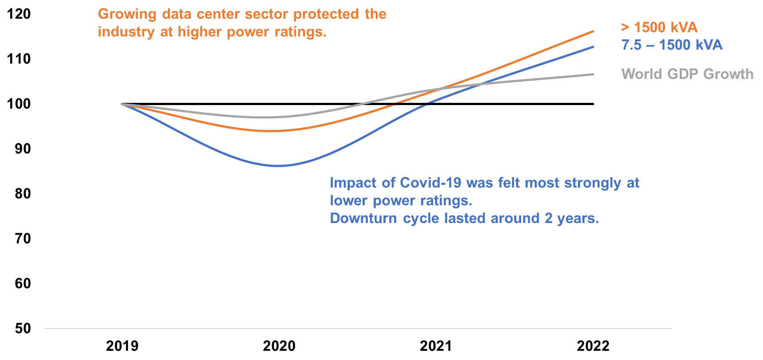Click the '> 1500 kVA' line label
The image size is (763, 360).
(659, 27)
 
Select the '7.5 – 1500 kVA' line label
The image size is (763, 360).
(672, 45)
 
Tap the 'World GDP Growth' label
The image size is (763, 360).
(687, 74)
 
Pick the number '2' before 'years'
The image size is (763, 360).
(549, 218)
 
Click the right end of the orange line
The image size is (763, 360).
(593, 31)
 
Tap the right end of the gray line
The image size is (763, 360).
(593, 74)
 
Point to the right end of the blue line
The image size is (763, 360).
(593, 47)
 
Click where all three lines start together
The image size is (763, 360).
(123, 104)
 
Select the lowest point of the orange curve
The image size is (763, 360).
(270, 131)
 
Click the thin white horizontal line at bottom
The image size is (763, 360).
(358, 329)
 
